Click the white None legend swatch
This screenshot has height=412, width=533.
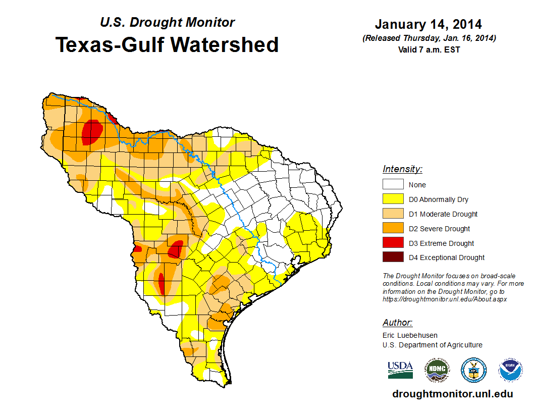[393, 185]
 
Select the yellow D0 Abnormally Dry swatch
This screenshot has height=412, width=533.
[393, 199]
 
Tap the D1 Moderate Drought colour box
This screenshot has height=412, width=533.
[393, 214]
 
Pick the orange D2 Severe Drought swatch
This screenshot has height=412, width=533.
[393, 229]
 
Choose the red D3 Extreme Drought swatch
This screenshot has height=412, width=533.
[393, 243]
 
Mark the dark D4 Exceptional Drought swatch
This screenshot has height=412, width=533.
[393, 257]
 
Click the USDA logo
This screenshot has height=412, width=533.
[400, 370]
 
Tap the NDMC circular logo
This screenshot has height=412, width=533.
[437, 370]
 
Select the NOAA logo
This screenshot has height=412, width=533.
[510, 370]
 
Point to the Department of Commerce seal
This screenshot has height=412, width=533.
[473, 370]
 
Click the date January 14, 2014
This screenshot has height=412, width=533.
[428, 24]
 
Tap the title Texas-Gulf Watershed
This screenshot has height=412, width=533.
[167, 45]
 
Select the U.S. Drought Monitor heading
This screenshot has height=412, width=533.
[167, 22]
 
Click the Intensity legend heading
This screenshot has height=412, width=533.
[402, 169]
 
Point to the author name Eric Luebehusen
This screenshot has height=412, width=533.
[410, 335]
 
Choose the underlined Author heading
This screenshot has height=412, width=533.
[397, 323]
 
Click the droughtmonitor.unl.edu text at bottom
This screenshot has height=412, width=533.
[452, 394]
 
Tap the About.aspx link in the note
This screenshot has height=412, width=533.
[444, 299]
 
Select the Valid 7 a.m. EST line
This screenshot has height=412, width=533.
[429, 49]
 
